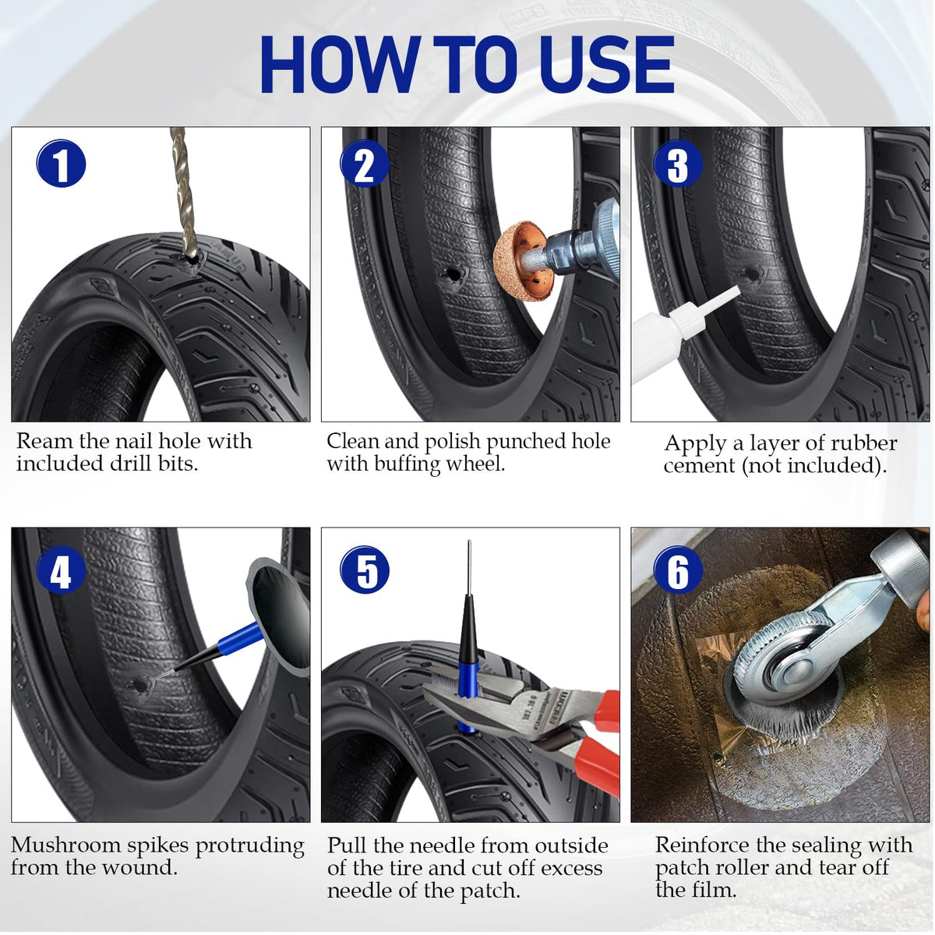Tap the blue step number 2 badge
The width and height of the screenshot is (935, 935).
365,164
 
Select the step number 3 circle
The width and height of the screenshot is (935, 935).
678,164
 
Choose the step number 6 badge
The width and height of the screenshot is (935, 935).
678,571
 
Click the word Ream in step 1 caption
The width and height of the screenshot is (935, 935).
45,441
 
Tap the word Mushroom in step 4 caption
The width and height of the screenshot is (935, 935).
65,845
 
